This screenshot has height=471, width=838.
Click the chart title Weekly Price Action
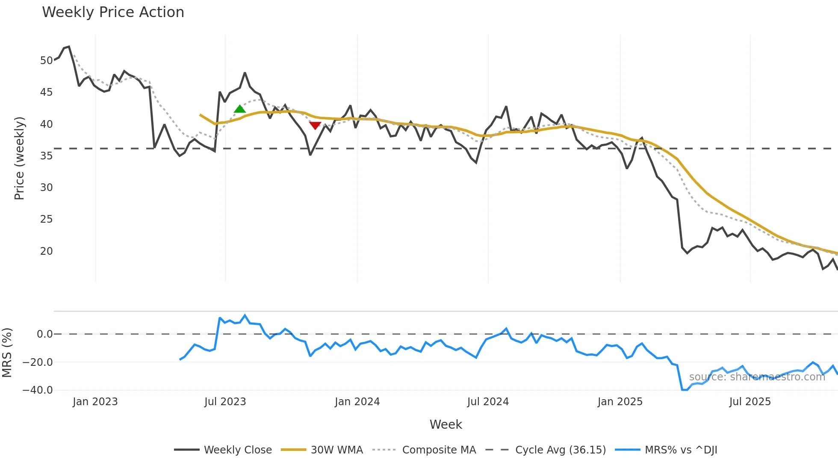113,12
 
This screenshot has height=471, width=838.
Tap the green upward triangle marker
240,109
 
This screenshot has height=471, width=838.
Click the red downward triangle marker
315,125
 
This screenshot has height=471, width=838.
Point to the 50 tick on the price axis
46,61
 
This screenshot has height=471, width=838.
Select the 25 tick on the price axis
46,219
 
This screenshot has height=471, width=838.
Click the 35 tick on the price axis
46,156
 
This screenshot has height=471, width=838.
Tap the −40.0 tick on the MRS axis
38,390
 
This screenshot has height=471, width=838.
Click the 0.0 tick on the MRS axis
44,334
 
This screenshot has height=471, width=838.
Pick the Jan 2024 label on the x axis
357,402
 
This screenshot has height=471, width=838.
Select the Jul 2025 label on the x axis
750,402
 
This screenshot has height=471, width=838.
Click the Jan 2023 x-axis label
95,402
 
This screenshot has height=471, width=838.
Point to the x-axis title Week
446,424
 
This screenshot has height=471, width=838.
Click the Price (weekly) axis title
19,158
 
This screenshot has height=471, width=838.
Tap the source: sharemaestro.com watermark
757,377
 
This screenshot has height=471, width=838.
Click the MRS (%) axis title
7,353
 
